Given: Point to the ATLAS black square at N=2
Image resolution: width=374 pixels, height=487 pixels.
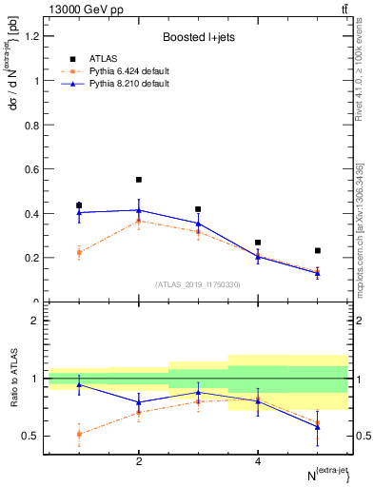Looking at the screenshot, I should tap(139, 180).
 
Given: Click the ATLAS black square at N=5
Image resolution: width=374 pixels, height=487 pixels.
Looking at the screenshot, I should tap(317, 251).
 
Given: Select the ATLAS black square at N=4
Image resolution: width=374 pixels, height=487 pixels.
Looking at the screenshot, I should tap(258, 243).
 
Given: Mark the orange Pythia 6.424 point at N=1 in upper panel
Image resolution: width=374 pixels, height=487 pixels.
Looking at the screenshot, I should tap(79, 252).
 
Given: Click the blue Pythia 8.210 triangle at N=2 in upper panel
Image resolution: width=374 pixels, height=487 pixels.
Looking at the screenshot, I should tap(139, 210).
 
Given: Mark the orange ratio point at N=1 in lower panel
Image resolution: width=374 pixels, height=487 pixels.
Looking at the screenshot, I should tap(79, 434).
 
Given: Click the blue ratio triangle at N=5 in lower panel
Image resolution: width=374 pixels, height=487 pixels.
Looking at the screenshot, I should tap(317, 427).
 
